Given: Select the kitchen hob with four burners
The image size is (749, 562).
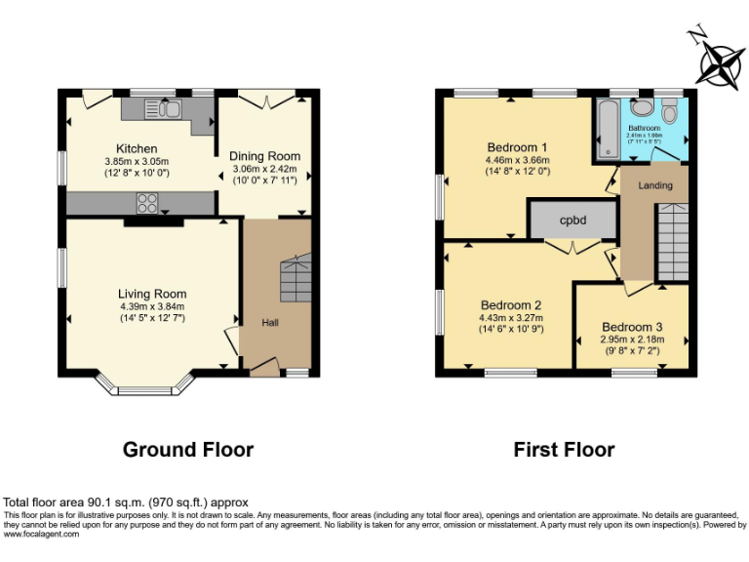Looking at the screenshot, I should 148,203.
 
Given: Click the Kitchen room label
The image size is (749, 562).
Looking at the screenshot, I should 137,148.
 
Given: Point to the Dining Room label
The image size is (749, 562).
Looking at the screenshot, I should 264,156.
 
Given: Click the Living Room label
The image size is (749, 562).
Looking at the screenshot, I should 152,294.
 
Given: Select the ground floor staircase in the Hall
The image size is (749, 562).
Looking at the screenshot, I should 296,279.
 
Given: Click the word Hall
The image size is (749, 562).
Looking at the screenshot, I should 269,323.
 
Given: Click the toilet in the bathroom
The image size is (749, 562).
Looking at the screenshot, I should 640,109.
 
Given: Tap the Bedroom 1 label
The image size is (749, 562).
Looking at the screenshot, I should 516,148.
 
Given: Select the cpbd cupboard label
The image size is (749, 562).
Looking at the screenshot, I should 572,221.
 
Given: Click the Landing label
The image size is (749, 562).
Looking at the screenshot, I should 655,185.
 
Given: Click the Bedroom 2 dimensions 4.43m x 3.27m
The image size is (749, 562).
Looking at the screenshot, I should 510,317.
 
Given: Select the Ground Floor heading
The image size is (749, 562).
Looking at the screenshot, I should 188,450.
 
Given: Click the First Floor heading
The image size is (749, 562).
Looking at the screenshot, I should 564,450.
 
